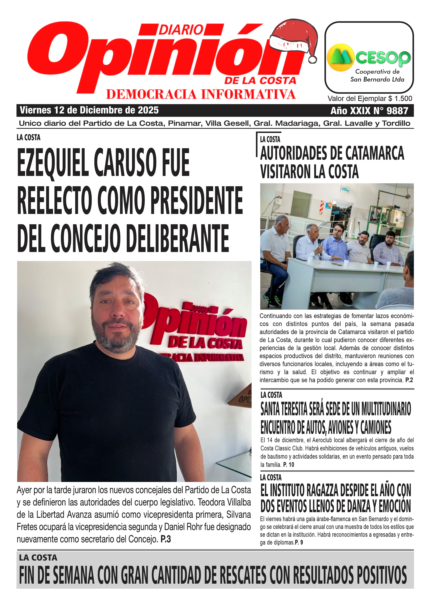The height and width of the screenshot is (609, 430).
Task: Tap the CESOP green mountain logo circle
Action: [x=341, y=57]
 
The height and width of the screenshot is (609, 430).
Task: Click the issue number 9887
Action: [x=397, y=111]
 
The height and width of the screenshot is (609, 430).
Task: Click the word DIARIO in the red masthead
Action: [x=181, y=30]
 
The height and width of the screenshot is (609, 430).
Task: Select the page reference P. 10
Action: [x=289, y=464]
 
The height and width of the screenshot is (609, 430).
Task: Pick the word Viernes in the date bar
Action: [x=35, y=110]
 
